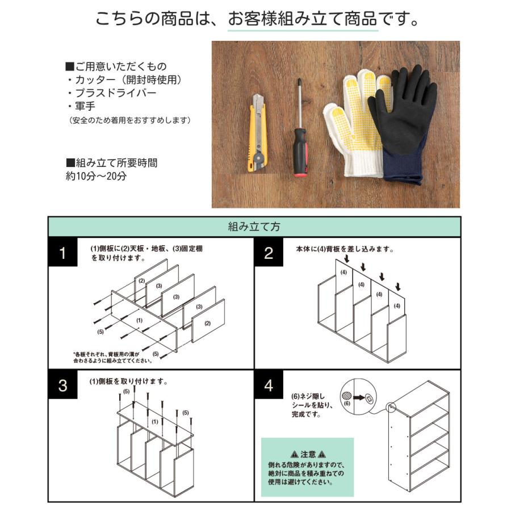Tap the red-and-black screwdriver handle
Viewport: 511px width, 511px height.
click(x=299, y=152)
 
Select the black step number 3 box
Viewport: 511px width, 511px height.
click(x=63, y=386)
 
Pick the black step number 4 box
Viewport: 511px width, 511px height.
click(x=269, y=386)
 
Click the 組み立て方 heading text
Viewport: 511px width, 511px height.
click(x=254, y=227)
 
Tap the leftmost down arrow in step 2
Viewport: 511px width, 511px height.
click(x=346, y=259)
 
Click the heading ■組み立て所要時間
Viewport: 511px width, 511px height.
click(x=112, y=163)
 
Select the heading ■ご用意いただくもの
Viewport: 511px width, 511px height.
click(x=116, y=66)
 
